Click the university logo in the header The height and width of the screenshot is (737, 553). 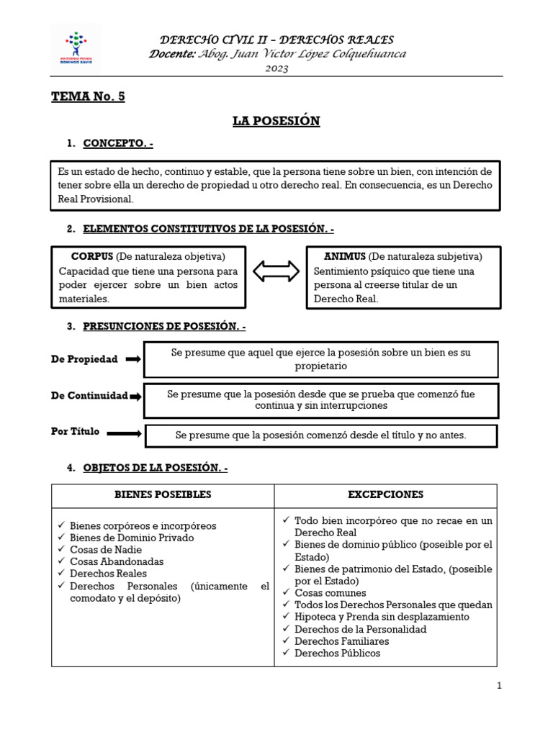coord(75,48)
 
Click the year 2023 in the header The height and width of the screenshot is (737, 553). coord(276,68)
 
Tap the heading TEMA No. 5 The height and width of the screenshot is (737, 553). coord(88,97)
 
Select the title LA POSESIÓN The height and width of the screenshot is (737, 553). coord(276,121)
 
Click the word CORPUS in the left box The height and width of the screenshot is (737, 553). coord(92,256)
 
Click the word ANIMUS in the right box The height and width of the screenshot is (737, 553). coord(345,256)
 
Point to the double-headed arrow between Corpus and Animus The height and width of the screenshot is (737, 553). coord(276,271)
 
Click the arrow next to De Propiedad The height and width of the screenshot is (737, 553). coord(133,359)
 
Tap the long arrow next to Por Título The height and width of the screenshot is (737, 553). coord(124,433)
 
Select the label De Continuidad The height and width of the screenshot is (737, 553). coord(89,396)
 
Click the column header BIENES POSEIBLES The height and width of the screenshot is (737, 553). coord(163,495)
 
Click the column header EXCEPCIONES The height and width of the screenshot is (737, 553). coord(385,495)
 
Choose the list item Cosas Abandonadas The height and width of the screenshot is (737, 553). coord(117,561)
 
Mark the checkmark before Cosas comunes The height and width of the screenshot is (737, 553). coord(287,592)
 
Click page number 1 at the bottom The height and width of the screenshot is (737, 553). coord(498,686)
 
